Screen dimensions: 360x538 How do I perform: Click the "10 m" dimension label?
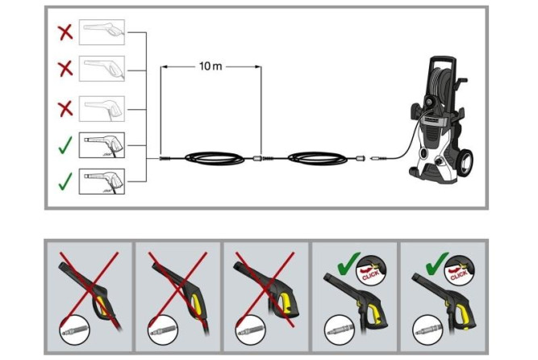[x=211, y=65]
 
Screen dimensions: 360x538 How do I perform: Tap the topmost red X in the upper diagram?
[x=65, y=32]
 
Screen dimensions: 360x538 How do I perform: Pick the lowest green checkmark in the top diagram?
[x=65, y=181]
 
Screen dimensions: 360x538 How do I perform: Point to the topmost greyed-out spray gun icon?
[x=103, y=32]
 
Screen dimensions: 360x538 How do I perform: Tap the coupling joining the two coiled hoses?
[x=259, y=159]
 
